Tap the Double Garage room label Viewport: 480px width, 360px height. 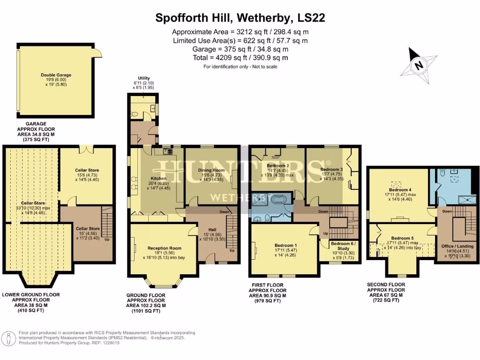point(56,75)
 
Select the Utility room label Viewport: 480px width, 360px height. point(144,78)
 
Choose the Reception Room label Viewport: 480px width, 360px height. point(164,248)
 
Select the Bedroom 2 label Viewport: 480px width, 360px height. point(278,165)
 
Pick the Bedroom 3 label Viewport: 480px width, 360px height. point(332,169)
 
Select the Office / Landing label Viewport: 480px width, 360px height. point(457,246)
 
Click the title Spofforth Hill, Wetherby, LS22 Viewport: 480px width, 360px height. point(240,18)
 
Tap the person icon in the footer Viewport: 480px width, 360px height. point(9,338)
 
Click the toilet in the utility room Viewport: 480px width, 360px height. point(135,114)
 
